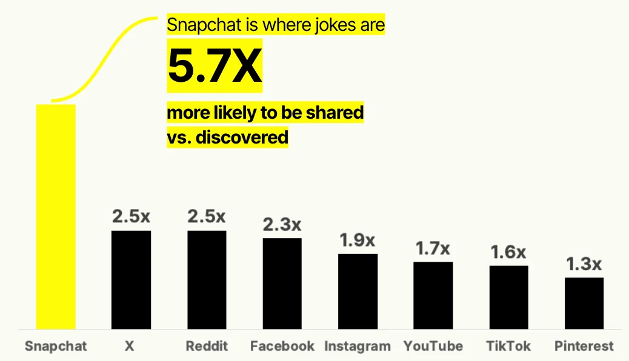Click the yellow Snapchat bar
pos(56,217)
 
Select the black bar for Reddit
pos(207,280)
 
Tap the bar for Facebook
pos(282,283)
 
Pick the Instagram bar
pos(358,291)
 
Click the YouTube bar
pos(433,296)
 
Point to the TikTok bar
pos(508,297)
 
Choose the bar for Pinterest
pos(584,303)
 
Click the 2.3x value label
pos(282,225)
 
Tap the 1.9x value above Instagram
pos(358,240)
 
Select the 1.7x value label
pos(433,249)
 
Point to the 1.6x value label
pos(508,253)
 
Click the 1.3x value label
pos(584,264)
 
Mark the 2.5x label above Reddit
pos(207,217)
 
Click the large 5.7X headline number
pos(215,65)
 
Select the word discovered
pos(242,137)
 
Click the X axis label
pos(129,346)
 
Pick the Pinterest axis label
pos(584,346)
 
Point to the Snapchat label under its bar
pos(56,346)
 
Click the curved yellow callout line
pos(100,56)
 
